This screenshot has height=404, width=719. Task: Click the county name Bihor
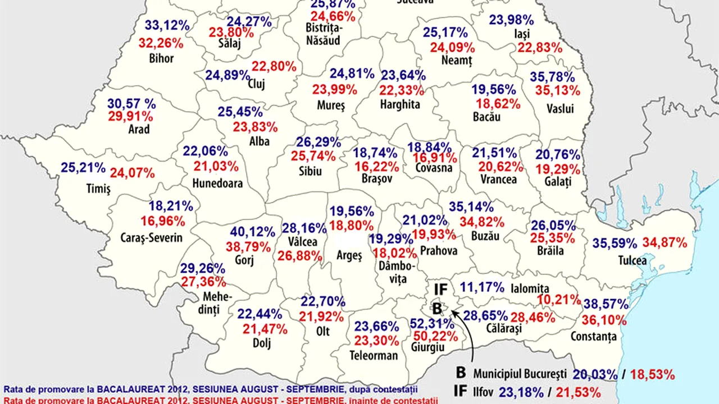pyautogui.click(x=162, y=58)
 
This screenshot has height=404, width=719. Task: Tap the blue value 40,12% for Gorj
pyautogui.click(x=252, y=232)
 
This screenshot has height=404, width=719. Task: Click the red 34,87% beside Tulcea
pyautogui.click(x=665, y=243)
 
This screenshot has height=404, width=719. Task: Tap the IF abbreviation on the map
pyautogui.click(x=440, y=290)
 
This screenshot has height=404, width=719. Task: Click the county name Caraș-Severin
pyautogui.click(x=152, y=237)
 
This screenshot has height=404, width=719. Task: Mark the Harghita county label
pyautogui.click(x=400, y=104)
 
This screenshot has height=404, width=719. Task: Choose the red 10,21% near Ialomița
pyautogui.click(x=558, y=300)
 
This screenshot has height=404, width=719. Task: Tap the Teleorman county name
pyautogui.click(x=374, y=355)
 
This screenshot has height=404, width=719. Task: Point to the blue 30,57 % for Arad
pyautogui.click(x=132, y=103)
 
